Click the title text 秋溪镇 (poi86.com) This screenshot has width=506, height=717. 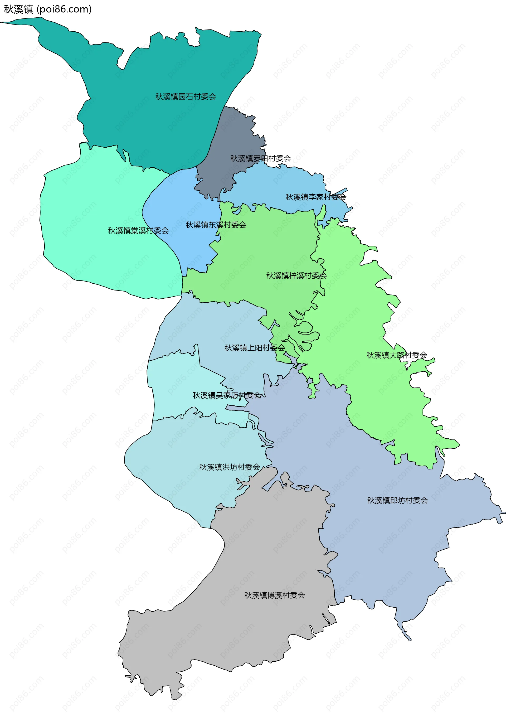click(x=47, y=9)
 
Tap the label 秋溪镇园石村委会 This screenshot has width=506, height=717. click(x=186, y=96)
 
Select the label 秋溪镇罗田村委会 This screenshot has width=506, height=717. click(x=260, y=158)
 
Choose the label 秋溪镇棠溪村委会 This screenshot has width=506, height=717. click(x=138, y=230)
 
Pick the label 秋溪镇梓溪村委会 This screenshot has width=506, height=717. click(x=296, y=275)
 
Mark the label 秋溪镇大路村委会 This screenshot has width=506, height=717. click(x=396, y=355)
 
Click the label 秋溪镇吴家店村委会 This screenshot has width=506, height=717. click(x=227, y=395)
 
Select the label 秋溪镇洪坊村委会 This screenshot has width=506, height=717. click(x=230, y=467)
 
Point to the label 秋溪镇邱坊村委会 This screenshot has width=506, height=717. click(x=397, y=500)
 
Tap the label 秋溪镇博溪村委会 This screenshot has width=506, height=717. click(x=274, y=595)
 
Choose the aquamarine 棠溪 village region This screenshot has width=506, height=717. click(x=94, y=203)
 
